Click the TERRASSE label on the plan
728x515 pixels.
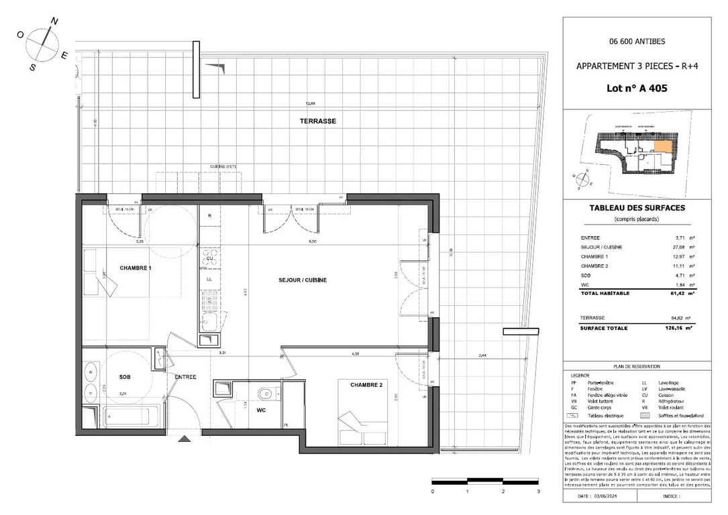pyautogui.click(x=317, y=121)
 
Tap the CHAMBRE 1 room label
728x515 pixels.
pyautogui.click(x=136, y=268)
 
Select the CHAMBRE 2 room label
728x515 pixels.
pyautogui.click(x=366, y=385)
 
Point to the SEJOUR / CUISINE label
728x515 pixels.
pyautogui.click(x=303, y=280)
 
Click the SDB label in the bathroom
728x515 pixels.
pyautogui.click(x=124, y=377)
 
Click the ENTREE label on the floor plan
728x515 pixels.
pyautogui.click(x=185, y=377)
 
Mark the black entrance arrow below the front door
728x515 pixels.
pyautogui.click(x=183, y=439)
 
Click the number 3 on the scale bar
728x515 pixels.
pyautogui.click(x=538, y=492)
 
